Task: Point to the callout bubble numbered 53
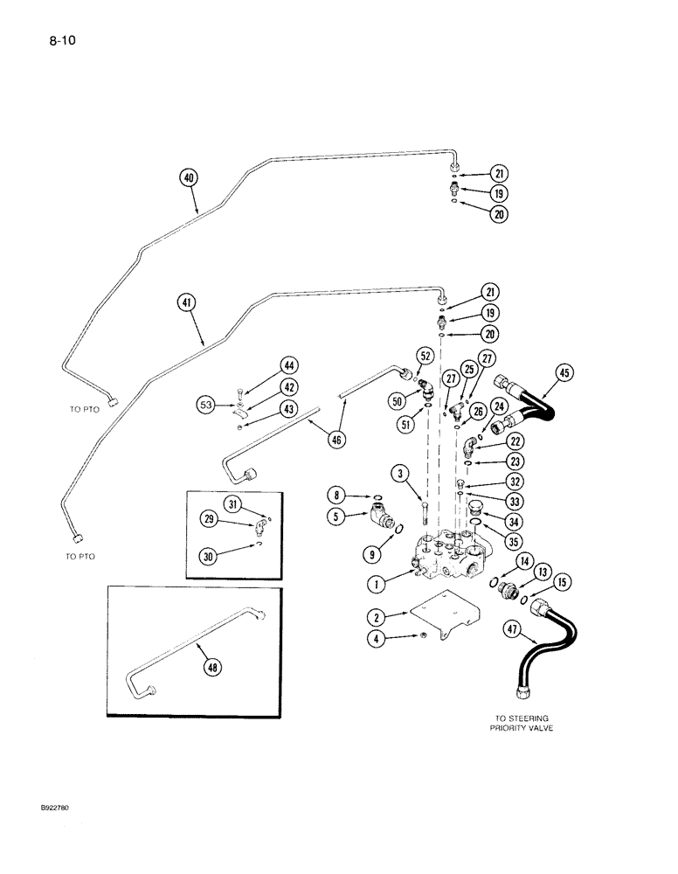pos(206,405)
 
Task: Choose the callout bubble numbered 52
pos(425,357)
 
